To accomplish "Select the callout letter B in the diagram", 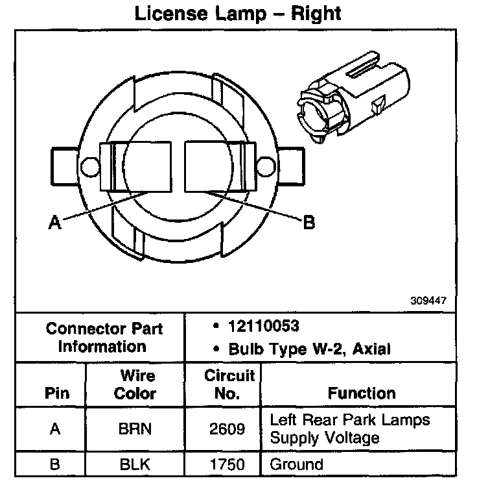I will [x=308, y=223].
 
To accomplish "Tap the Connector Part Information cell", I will [x=104, y=337].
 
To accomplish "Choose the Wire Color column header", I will [x=137, y=384].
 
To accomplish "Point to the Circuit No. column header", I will [x=229, y=384].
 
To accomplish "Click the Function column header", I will [x=361, y=393].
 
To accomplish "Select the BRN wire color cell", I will [x=137, y=429].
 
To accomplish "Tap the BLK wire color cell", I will [x=137, y=464].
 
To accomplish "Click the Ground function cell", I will [x=296, y=464].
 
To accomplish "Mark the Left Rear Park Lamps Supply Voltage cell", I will [x=349, y=429].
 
